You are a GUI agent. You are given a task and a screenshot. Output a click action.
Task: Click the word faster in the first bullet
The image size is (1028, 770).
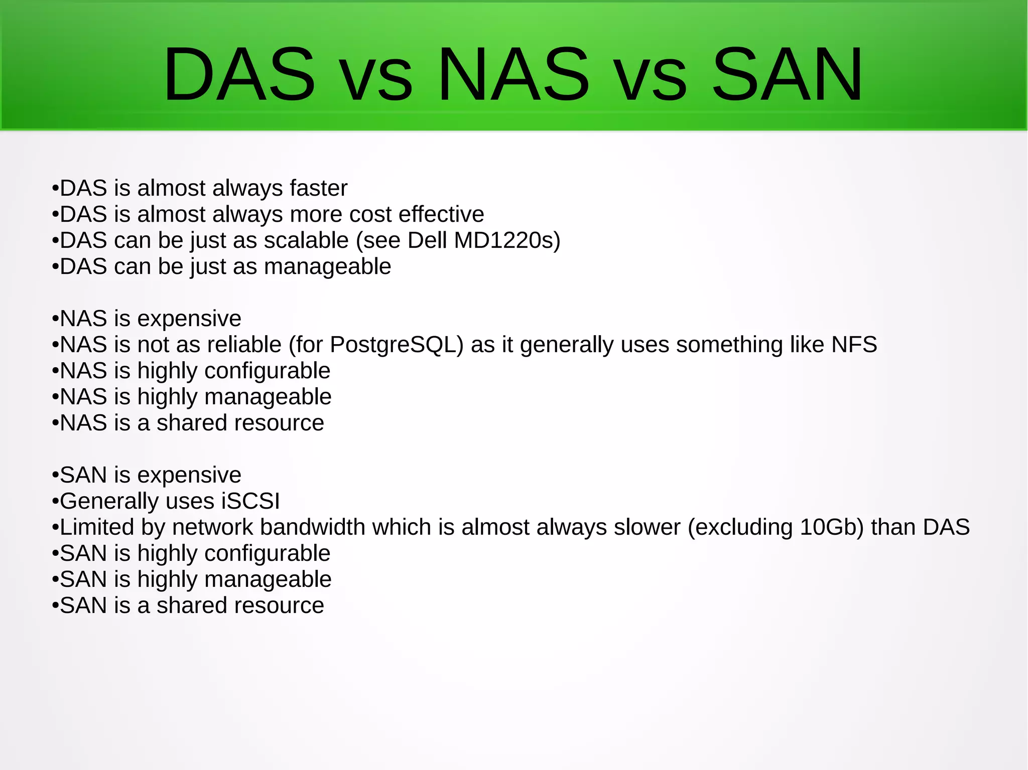(x=318, y=189)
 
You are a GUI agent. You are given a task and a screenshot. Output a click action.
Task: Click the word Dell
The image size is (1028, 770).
(x=427, y=241)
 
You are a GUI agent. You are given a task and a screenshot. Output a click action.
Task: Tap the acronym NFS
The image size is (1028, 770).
(x=854, y=345)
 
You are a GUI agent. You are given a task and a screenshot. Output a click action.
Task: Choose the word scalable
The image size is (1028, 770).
(x=306, y=241)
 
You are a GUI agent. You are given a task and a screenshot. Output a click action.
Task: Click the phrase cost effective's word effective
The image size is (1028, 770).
(x=441, y=215)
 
